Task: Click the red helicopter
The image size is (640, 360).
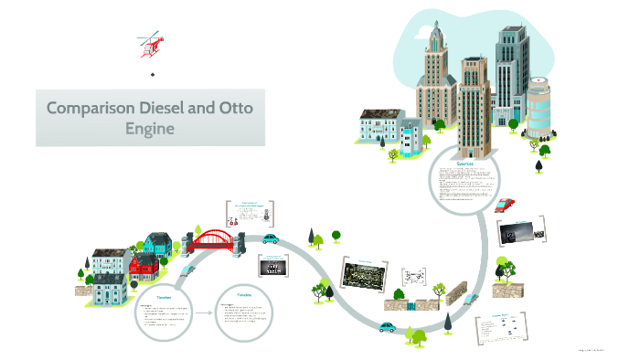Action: (151, 42)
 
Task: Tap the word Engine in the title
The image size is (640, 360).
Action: (150, 129)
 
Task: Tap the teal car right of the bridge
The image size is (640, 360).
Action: (271, 238)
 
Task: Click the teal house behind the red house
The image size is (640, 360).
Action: (156, 243)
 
